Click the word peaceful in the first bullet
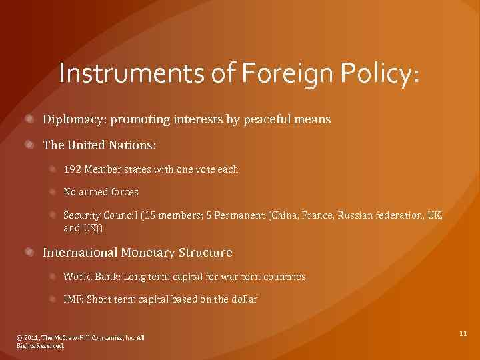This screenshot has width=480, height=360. (266, 119)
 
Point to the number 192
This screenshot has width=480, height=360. (71, 169)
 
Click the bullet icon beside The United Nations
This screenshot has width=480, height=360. (31, 143)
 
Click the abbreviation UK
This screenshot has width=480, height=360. (433, 215)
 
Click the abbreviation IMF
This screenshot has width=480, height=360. (72, 299)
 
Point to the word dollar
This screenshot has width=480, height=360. (243, 299)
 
